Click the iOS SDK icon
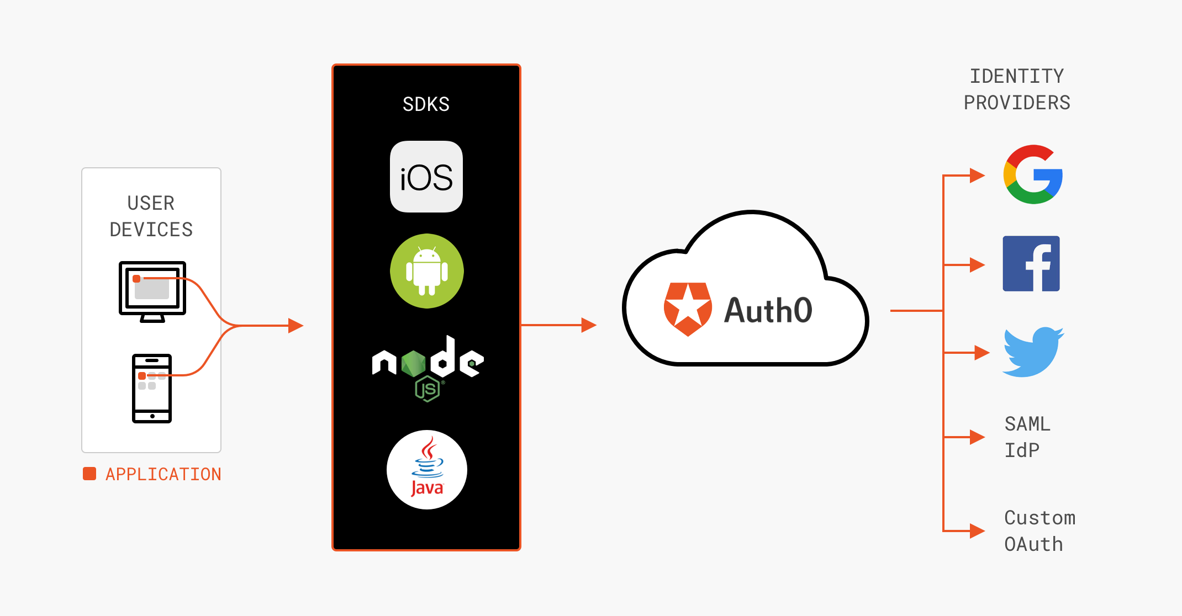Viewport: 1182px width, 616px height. (426, 177)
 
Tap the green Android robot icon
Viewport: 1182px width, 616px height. (426, 271)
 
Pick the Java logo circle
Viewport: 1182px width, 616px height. (426, 470)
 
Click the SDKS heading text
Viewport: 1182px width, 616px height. (426, 104)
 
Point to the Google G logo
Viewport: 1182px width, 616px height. (1033, 175)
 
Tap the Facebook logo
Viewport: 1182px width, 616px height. (1031, 264)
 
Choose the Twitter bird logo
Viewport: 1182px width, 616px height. (1032, 352)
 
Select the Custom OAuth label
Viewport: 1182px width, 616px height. (1039, 531)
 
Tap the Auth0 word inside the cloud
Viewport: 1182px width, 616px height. (768, 310)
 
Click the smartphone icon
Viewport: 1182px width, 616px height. (152, 389)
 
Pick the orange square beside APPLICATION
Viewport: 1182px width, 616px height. (89, 474)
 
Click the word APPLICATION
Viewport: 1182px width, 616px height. (163, 474)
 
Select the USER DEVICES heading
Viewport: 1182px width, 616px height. (151, 216)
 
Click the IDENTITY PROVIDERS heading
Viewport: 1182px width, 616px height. (1017, 89)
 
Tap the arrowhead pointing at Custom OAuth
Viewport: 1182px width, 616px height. (977, 531)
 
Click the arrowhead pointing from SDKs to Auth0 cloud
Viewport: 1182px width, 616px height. (589, 325)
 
